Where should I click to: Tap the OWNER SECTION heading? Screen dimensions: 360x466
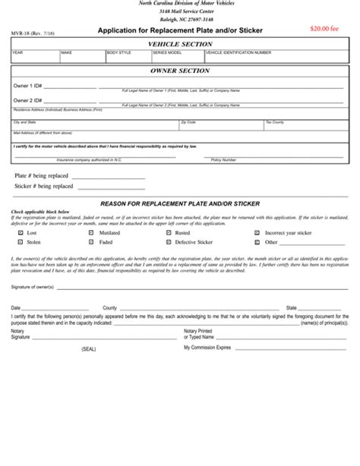pos(179,71)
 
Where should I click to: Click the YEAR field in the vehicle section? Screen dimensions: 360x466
pos(35,56)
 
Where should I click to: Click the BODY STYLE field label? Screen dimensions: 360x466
pos(119,52)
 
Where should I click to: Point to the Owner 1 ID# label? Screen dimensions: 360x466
pos(27,87)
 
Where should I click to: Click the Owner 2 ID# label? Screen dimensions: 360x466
pos(27,100)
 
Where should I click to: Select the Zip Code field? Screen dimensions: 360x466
pos(220,125)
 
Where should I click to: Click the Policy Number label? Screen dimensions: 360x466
pos(223,159)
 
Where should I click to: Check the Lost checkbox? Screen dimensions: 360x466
pos(20,233)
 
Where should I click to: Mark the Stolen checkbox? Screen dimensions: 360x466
pos(20,243)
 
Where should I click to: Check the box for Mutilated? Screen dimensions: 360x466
pos(91,233)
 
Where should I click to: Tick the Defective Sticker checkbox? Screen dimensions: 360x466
pos(169,243)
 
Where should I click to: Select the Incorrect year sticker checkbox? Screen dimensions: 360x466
pos(257,233)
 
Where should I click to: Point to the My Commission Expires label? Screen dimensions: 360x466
pos(207,346)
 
